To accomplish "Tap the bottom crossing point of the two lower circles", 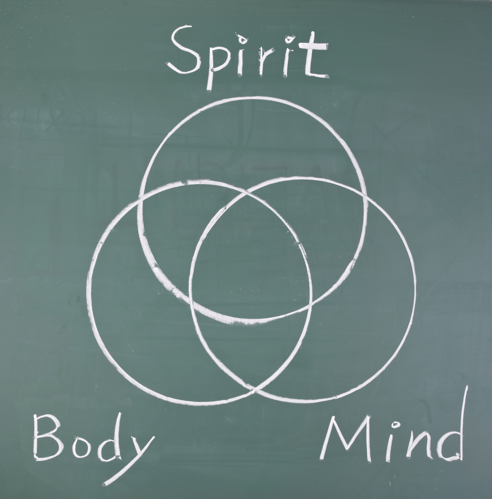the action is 254,391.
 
